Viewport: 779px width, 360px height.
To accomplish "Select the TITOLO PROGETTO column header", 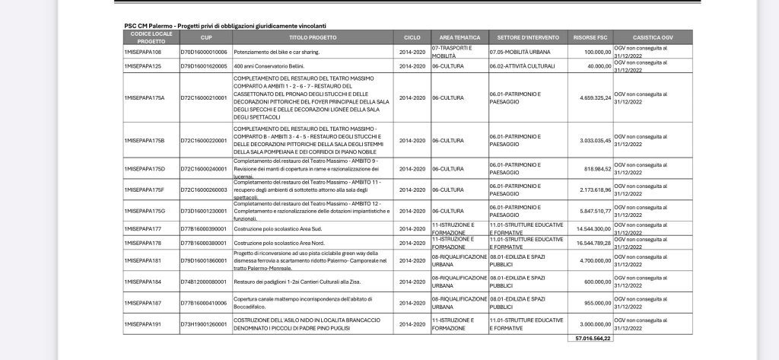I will (313, 37).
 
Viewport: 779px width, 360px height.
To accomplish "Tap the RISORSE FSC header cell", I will (589, 37).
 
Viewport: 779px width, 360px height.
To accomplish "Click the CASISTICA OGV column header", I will (653, 37).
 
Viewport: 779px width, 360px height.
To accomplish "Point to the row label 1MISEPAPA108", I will (142, 52).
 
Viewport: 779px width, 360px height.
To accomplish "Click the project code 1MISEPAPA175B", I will (144, 140).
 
